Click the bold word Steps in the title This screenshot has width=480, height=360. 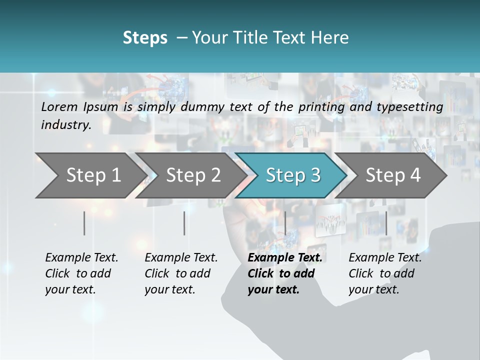[x=145, y=38]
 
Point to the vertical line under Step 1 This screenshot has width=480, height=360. [x=84, y=223]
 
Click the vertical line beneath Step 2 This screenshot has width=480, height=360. [x=184, y=223]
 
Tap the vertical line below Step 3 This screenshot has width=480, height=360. [x=285, y=223]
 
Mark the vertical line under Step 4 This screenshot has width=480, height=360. [x=386, y=223]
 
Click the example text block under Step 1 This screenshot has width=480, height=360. [x=81, y=273]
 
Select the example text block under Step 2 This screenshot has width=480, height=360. [x=181, y=273]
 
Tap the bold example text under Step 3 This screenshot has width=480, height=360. [x=284, y=273]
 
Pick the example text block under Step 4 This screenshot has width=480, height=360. [x=385, y=273]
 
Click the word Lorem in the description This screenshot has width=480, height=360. [x=59, y=106]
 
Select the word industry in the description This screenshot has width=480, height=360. [x=65, y=124]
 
